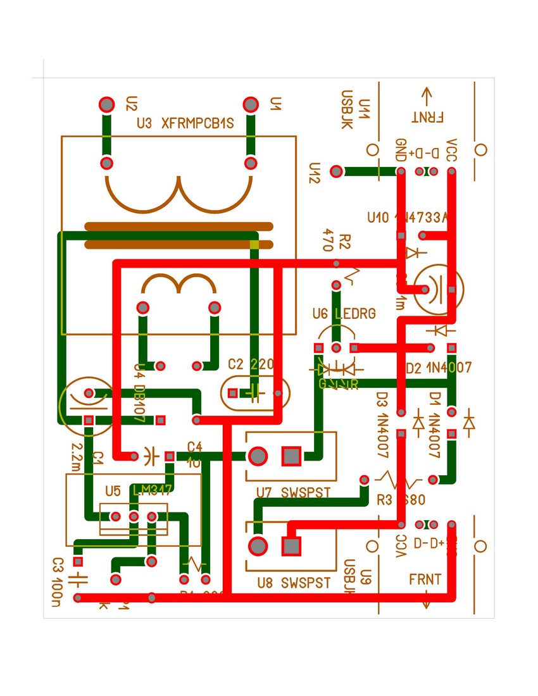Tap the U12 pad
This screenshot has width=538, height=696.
(x=337, y=171)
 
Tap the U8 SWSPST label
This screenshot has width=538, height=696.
(x=293, y=583)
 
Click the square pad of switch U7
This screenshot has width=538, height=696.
(x=291, y=456)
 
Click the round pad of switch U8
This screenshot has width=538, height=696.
(x=258, y=545)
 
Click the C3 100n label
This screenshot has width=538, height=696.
(x=58, y=576)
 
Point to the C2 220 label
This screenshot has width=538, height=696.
(x=251, y=364)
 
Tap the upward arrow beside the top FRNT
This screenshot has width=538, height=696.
(x=426, y=96)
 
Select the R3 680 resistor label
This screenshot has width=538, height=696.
(x=401, y=500)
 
